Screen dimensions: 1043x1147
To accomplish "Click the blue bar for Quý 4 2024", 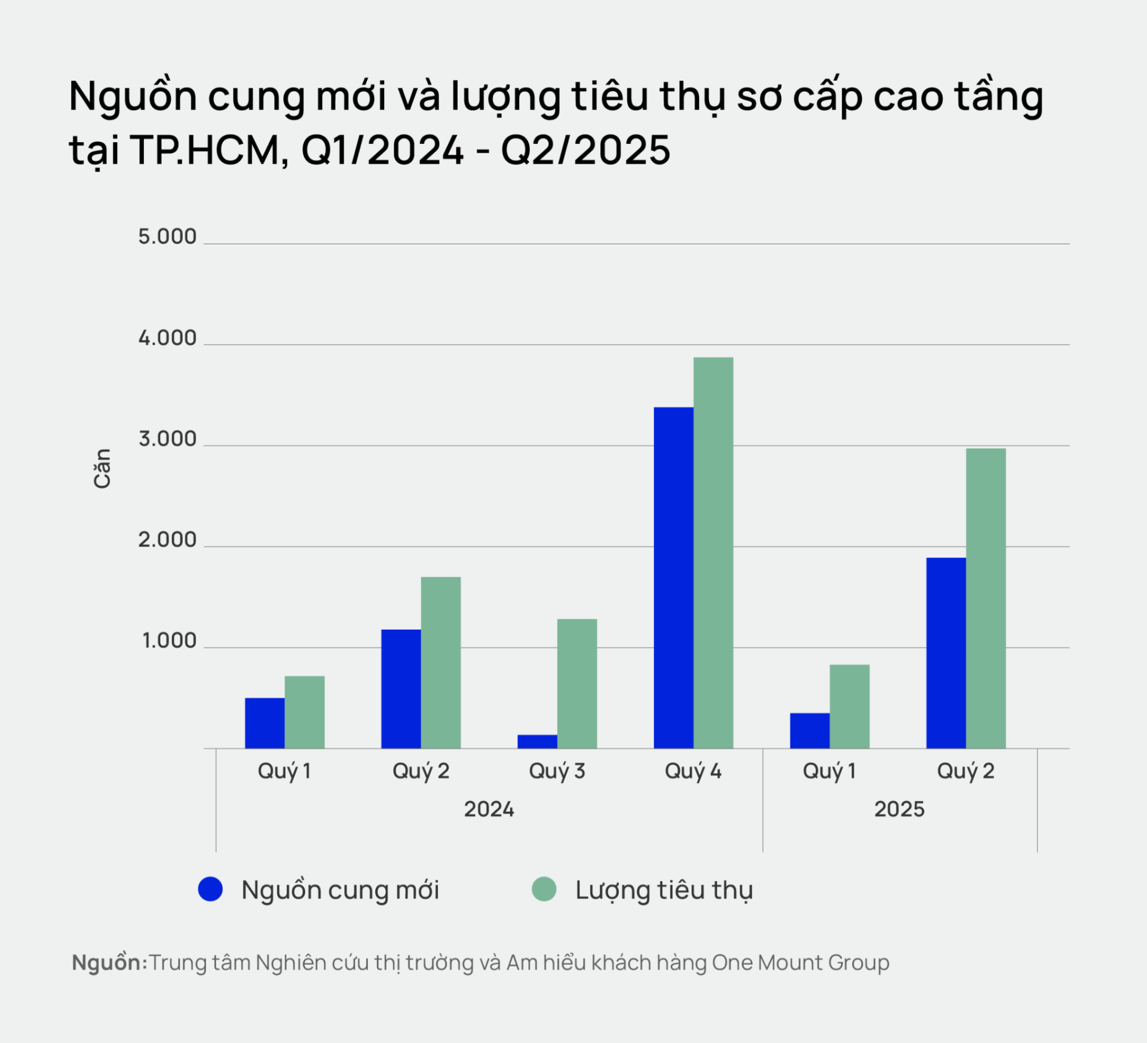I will tap(673, 577).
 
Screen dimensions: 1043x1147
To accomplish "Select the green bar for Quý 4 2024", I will tap(713, 553).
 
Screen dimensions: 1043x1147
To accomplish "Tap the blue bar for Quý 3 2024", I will tap(537, 741).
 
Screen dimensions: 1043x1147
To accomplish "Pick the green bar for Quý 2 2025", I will tap(986, 598).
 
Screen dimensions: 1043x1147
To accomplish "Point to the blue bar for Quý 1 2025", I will tap(809, 731).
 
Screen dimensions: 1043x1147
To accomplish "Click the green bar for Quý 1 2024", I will tap(304, 712).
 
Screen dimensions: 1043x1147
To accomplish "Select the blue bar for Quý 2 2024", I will tap(401, 689).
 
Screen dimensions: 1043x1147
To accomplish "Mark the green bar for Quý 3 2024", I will tap(577, 683).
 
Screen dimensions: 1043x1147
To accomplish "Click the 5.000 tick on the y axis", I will tap(167, 237).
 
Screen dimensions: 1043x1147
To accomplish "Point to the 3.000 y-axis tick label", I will tap(167, 439).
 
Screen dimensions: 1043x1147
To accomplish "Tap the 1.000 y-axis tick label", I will tap(169, 641).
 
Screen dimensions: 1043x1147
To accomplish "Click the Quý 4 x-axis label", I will tap(693, 771).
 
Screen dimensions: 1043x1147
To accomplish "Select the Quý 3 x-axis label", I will tap(557, 771).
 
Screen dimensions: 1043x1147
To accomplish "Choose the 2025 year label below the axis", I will tap(899, 809).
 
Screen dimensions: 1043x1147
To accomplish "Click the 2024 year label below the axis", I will tap(489, 809).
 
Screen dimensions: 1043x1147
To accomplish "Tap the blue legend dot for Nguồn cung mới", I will tap(210, 889).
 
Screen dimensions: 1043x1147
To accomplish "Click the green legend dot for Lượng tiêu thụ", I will tap(544, 889).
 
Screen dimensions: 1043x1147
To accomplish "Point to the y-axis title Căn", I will tap(102, 468).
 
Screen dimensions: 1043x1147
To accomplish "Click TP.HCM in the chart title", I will tap(209, 150).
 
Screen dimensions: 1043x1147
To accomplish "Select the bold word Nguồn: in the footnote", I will tap(109, 963).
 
